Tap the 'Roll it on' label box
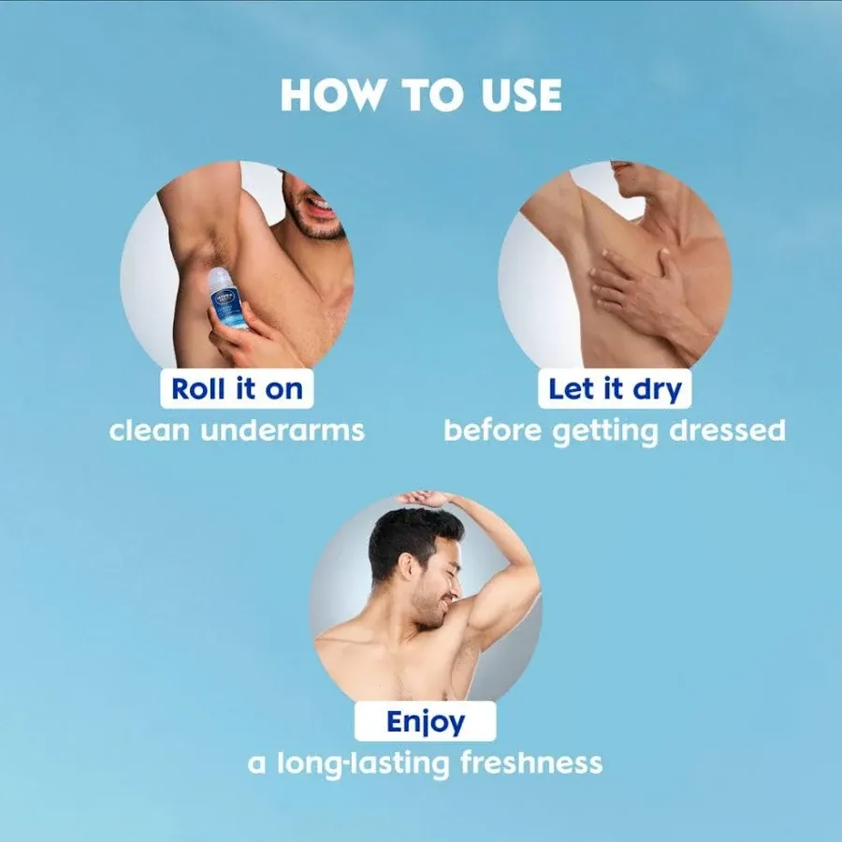[x=237, y=388]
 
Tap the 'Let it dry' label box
[x=614, y=388]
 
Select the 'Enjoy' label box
[x=425, y=722]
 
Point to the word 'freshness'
[x=531, y=763]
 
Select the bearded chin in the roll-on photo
[x=314, y=225]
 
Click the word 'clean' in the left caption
[x=150, y=431]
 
